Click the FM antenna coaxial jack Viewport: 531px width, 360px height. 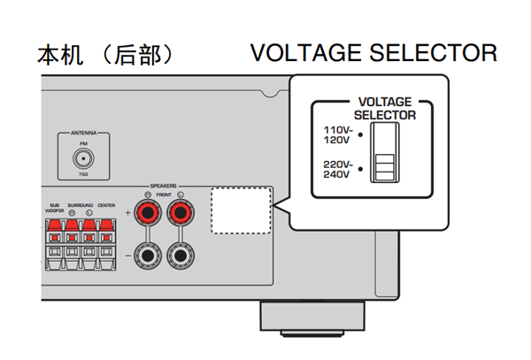(x=83, y=159)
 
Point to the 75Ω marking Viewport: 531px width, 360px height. (x=83, y=176)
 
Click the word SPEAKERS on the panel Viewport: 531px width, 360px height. (x=164, y=187)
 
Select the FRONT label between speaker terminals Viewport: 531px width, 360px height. (x=165, y=195)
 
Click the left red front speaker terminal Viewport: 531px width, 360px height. (x=147, y=213)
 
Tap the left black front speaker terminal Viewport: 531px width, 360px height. (x=147, y=257)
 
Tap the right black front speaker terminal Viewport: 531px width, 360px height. (x=182, y=257)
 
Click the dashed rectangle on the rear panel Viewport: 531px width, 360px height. (x=242, y=211)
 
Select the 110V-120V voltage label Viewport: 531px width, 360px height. (x=337, y=134)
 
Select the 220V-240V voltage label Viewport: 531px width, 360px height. (x=337, y=168)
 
